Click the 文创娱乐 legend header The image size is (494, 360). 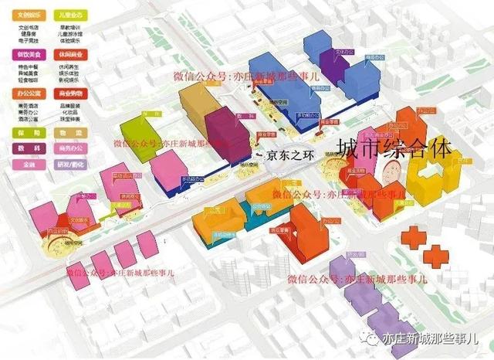pyautogui.click(x=29, y=14)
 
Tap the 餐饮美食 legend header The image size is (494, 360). pyautogui.click(x=29, y=53)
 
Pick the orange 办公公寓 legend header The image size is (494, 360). pyautogui.click(x=29, y=91)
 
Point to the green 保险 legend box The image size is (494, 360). pyautogui.click(x=29, y=132)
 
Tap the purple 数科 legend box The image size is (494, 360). pyautogui.click(x=29, y=148)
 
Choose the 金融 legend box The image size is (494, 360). pyautogui.click(x=29, y=164)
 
